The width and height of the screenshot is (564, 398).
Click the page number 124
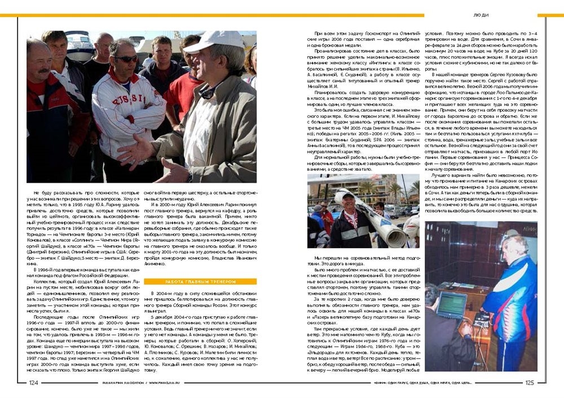click(x=33, y=382)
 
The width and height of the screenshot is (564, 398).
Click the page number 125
click(x=530, y=382)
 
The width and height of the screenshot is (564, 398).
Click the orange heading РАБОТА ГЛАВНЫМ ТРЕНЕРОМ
click(x=200, y=281)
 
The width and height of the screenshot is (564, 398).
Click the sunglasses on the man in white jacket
click(x=126, y=59)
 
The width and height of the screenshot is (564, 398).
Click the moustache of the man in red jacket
click(x=43, y=71)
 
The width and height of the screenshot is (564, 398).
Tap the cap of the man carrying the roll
click(x=349, y=196)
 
